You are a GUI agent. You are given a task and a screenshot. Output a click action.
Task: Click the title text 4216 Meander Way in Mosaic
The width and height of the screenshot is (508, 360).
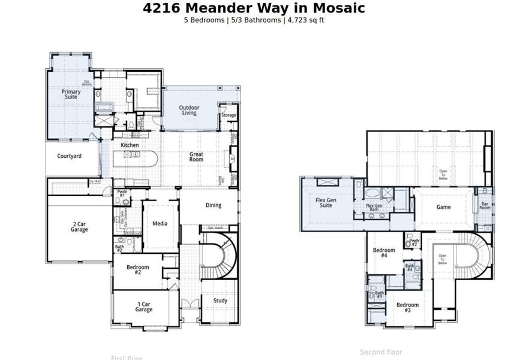click(x=254, y=8)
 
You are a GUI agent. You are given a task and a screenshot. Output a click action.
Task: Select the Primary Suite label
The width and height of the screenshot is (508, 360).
click(x=71, y=94)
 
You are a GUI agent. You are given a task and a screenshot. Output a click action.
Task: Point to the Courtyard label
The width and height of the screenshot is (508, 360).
click(x=70, y=156)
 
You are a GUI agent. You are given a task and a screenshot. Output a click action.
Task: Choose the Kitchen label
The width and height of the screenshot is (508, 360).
click(x=130, y=145)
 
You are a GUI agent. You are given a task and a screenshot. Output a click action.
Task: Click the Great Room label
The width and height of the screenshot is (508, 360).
click(x=196, y=157)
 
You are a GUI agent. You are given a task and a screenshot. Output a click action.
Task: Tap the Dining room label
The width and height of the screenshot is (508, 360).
click(x=213, y=205)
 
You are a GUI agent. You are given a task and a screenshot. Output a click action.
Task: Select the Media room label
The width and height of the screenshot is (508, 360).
click(x=160, y=224)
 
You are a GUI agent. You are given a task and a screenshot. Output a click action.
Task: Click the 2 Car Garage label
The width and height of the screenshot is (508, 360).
click(x=79, y=226)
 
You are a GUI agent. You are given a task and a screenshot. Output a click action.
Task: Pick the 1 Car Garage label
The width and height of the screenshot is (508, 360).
click(x=143, y=307)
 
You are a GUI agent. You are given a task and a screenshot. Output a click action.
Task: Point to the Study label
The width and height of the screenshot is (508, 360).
click(x=220, y=301)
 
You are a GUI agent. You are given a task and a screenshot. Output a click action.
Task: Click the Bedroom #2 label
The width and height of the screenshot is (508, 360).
click(x=137, y=269)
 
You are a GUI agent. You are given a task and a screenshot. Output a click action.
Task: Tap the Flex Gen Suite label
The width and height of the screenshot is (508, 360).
click(x=326, y=202)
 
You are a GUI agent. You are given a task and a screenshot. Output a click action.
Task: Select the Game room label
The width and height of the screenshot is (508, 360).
click(x=443, y=207)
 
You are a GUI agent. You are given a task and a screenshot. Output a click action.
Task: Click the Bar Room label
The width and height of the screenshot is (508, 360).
click(x=485, y=205)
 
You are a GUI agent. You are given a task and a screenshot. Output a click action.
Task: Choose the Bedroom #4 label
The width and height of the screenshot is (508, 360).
click(x=384, y=253)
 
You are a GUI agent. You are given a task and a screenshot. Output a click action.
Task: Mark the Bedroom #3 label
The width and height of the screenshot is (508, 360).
click(x=407, y=308)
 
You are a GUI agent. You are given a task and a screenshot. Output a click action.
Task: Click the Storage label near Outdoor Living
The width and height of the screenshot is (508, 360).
click(x=229, y=115)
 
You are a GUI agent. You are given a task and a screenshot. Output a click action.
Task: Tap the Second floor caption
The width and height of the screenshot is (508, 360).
click(x=381, y=352)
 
